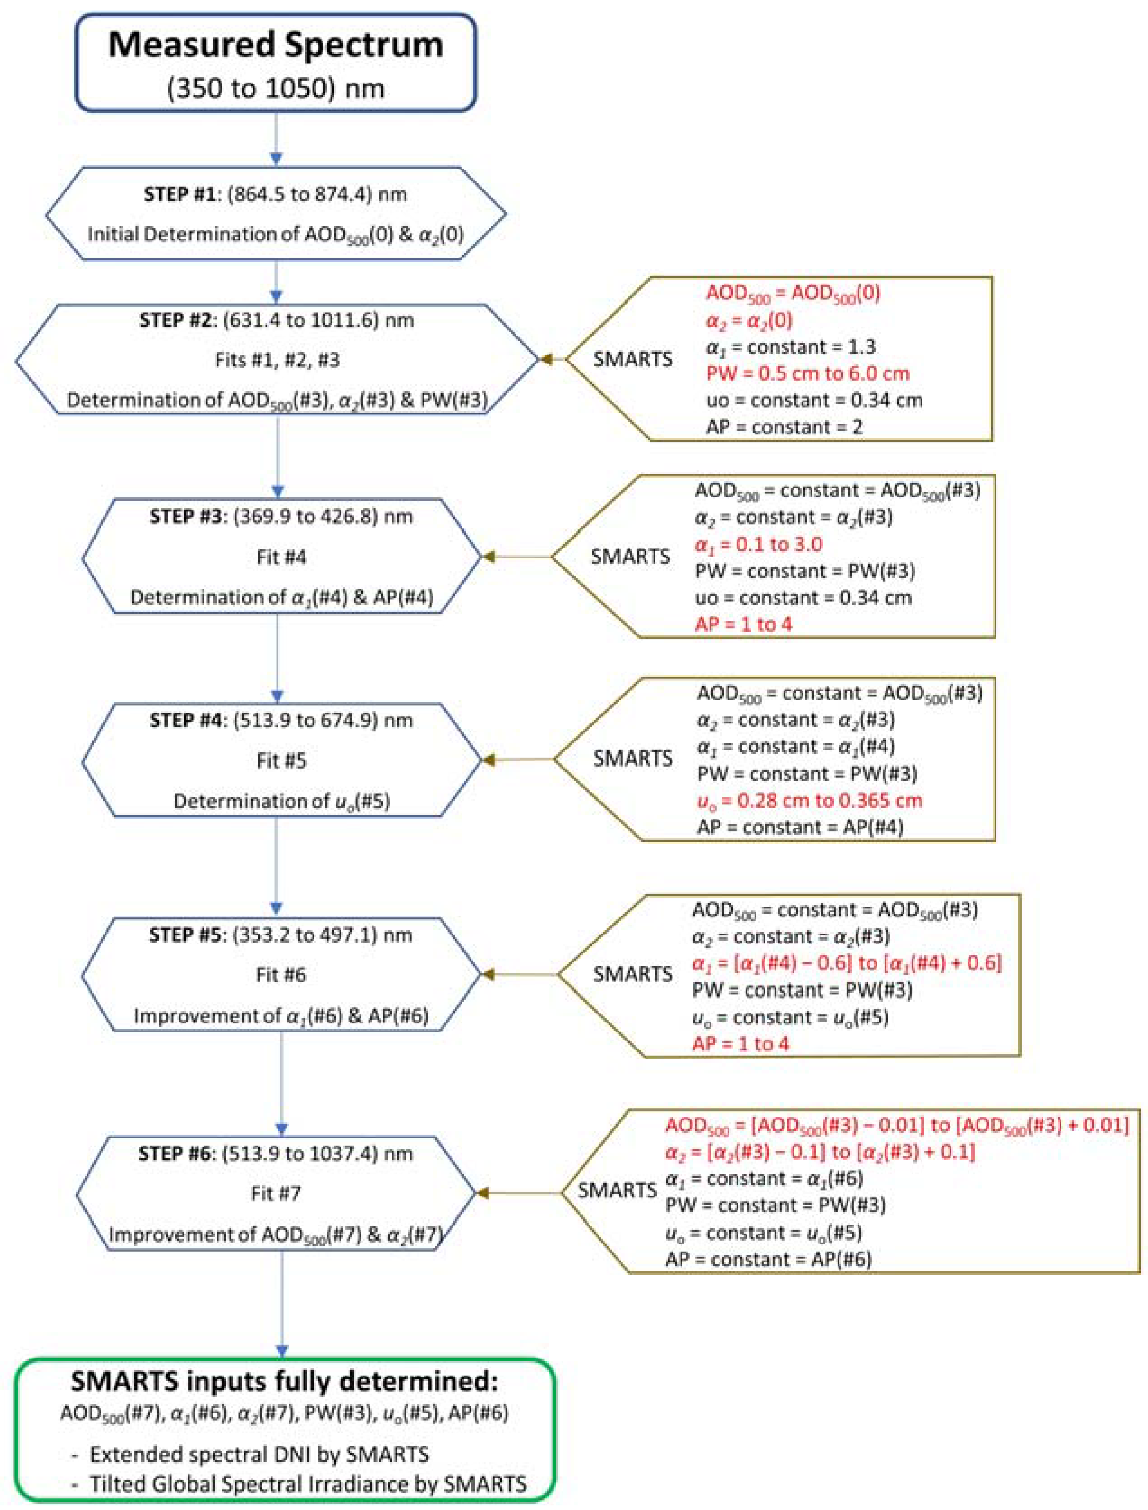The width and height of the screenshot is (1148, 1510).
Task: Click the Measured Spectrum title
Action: click(x=275, y=45)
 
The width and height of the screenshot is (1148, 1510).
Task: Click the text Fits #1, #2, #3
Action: click(x=277, y=360)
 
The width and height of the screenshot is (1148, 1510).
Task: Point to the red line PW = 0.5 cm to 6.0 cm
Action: click(x=808, y=374)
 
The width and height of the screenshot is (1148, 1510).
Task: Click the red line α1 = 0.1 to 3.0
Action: click(x=759, y=544)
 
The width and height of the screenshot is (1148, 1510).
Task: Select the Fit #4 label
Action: click(x=281, y=557)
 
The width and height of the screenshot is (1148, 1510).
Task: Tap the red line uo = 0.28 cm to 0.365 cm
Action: click(x=810, y=801)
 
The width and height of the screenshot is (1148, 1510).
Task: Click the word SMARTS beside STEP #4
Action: click(x=632, y=759)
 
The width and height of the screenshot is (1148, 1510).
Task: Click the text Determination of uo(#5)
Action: click(x=281, y=801)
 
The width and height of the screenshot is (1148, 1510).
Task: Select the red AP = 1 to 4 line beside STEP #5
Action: click(x=741, y=1044)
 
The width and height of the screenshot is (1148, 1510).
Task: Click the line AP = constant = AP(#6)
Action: click(x=769, y=1259)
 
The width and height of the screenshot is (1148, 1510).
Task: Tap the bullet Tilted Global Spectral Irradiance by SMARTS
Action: click(x=308, y=1484)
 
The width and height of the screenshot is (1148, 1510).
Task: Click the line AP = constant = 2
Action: click(x=784, y=428)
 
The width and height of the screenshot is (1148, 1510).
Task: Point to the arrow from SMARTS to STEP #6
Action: click(x=519, y=1193)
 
